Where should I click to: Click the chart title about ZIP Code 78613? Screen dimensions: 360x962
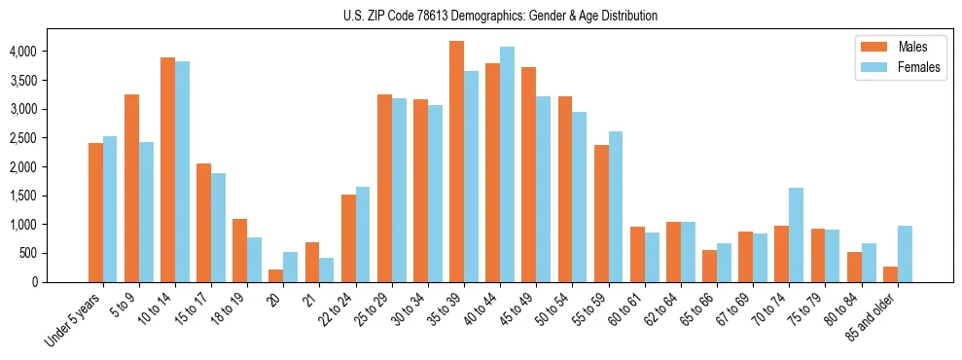click(x=500, y=16)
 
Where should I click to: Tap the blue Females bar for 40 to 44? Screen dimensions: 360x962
click(x=507, y=164)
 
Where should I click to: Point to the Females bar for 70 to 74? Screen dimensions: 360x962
click(x=797, y=234)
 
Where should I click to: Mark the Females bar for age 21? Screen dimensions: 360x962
click(x=327, y=270)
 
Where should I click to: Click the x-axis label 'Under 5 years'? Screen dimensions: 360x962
click(x=74, y=321)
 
